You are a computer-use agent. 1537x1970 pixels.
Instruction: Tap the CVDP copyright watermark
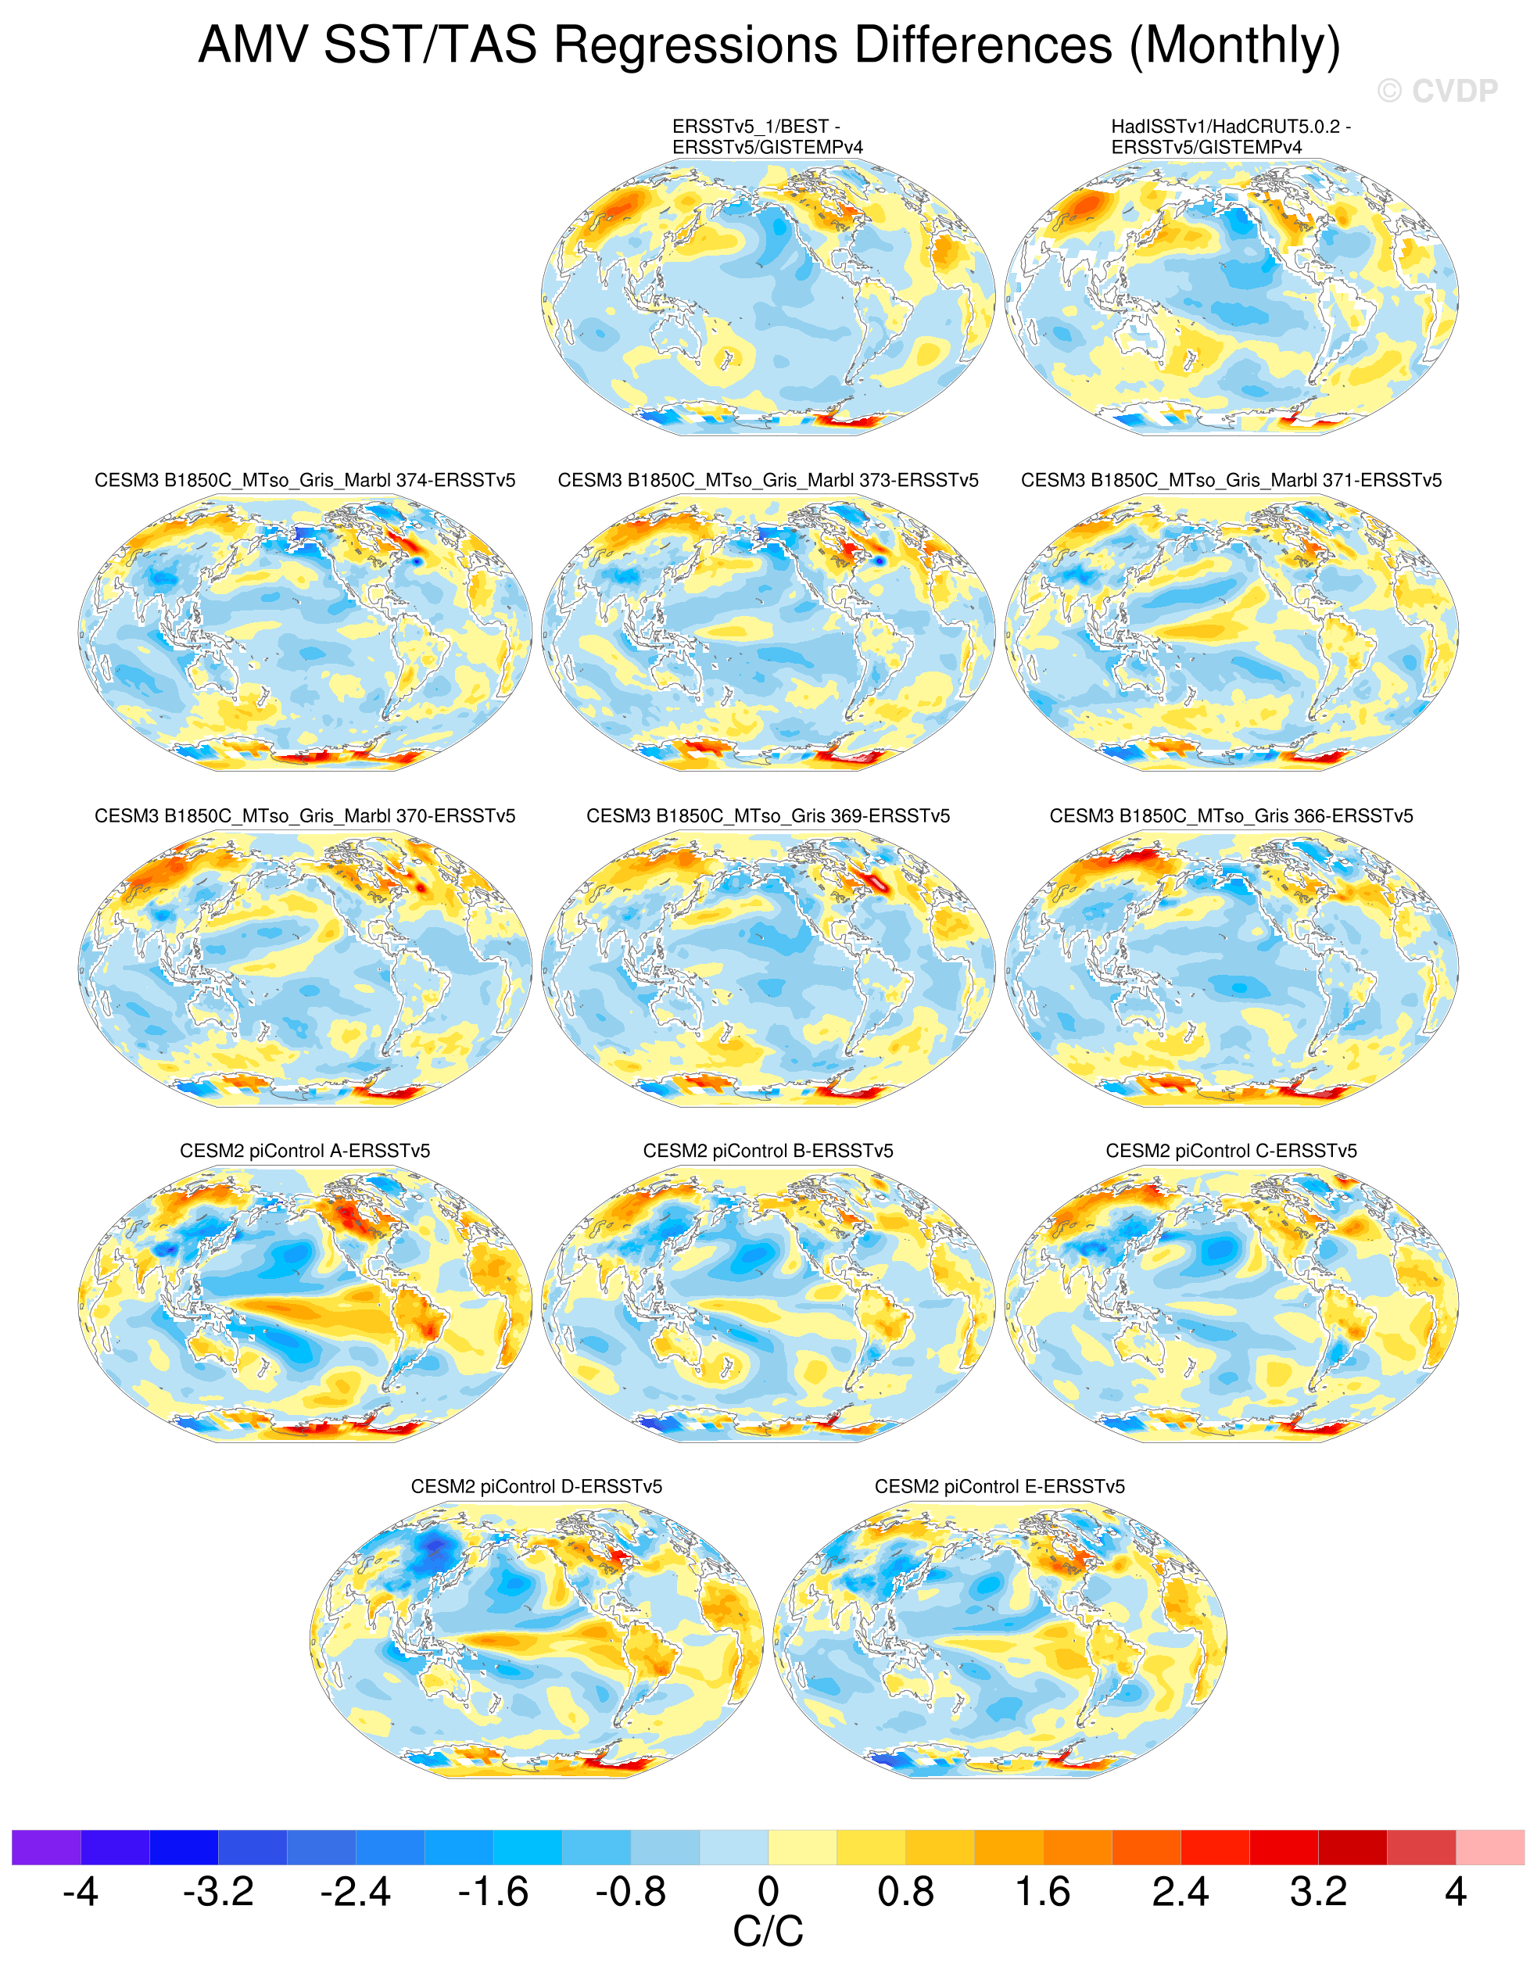(1437, 91)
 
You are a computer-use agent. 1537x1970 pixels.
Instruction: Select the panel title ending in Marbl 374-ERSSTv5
(305, 481)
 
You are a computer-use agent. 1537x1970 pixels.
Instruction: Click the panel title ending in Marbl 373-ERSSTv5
(768, 481)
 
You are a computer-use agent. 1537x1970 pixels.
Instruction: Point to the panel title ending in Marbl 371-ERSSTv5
(1231, 481)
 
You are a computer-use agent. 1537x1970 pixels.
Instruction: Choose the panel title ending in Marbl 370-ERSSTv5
(305, 816)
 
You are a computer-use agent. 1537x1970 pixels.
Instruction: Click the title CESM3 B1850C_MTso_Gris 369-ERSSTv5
(768, 816)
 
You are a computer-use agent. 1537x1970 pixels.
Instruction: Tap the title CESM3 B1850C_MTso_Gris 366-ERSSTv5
(1231, 816)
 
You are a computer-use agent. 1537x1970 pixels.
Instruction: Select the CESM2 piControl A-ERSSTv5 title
(305, 1151)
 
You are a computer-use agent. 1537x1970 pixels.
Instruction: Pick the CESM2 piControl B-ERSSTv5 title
(768, 1151)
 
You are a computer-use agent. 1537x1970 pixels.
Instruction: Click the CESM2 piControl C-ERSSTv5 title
(1231, 1151)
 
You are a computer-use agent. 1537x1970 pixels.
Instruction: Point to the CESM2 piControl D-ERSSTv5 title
(536, 1487)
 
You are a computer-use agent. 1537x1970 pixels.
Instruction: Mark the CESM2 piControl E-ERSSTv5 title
(999, 1487)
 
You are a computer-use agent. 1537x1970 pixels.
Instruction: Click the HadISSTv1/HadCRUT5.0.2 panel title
(1231, 137)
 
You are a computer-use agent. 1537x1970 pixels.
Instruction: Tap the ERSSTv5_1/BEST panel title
(768, 137)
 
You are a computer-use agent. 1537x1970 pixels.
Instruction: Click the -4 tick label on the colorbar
(81, 1892)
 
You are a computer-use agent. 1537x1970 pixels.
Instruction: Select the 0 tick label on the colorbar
(768, 1892)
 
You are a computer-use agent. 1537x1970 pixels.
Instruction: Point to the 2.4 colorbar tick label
(1181, 1892)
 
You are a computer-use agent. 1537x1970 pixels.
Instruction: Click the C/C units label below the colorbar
(768, 1931)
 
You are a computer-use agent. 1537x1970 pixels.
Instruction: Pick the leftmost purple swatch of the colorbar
(46, 1847)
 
